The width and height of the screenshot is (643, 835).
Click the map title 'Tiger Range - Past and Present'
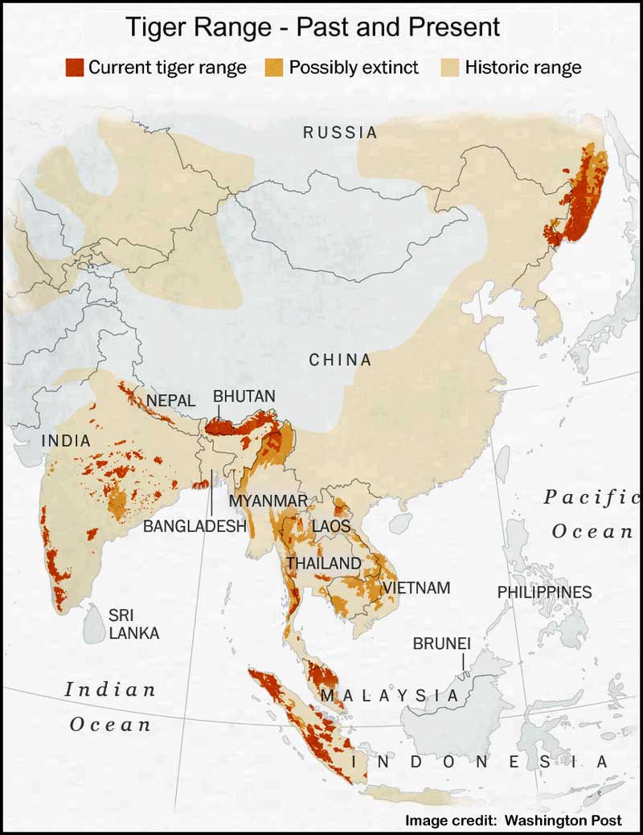pos(313,27)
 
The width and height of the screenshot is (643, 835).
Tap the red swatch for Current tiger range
pos(75,67)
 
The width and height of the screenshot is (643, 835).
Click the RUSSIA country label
pos(340,133)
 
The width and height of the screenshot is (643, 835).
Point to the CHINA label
pos(341,360)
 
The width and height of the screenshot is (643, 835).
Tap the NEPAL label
pos(170,401)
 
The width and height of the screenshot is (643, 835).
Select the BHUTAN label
pos(244,397)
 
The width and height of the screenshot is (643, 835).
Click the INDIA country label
pos(66,441)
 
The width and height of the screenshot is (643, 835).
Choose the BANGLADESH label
pos(195,527)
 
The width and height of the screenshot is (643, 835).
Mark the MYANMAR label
pos(268,501)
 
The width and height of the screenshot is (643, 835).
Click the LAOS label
pos(331,526)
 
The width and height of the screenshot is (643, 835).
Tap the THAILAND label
pos(324,563)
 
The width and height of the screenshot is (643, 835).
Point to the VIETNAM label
pos(416,588)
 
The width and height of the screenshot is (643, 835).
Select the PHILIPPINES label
pos(544,592)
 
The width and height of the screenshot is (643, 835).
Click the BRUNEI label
pos(441,644)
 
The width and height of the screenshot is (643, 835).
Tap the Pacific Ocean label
pos(592,513)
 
